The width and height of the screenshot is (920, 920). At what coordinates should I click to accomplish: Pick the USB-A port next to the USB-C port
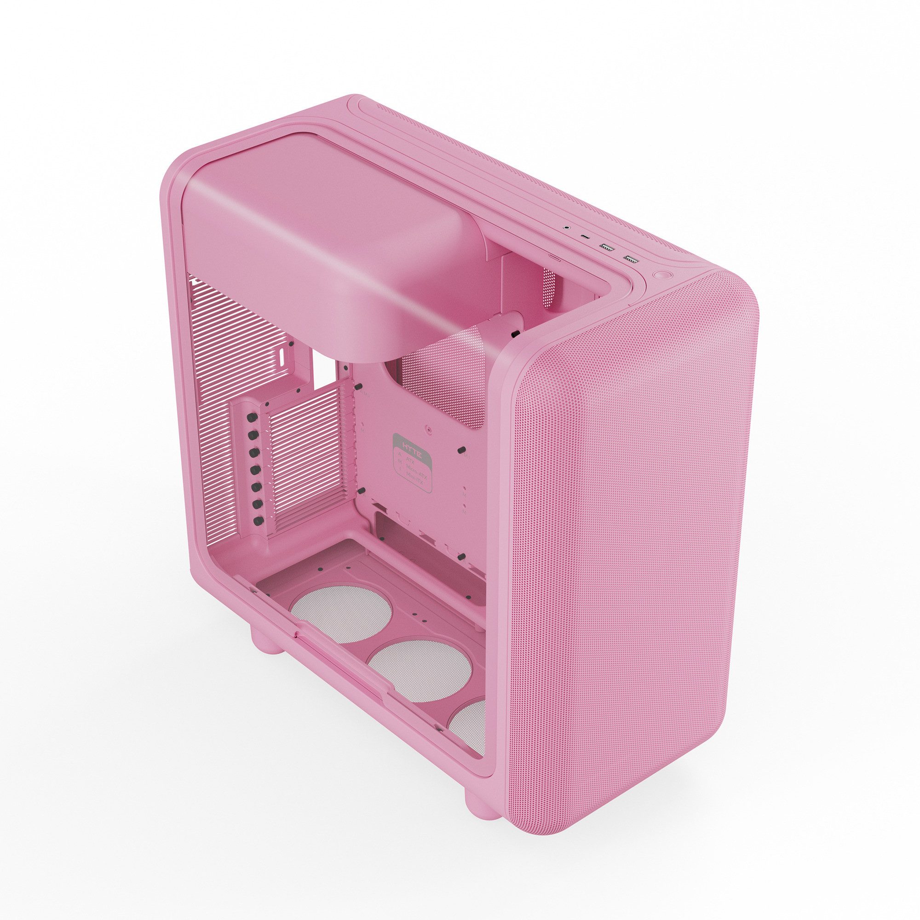tap(606, 247)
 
